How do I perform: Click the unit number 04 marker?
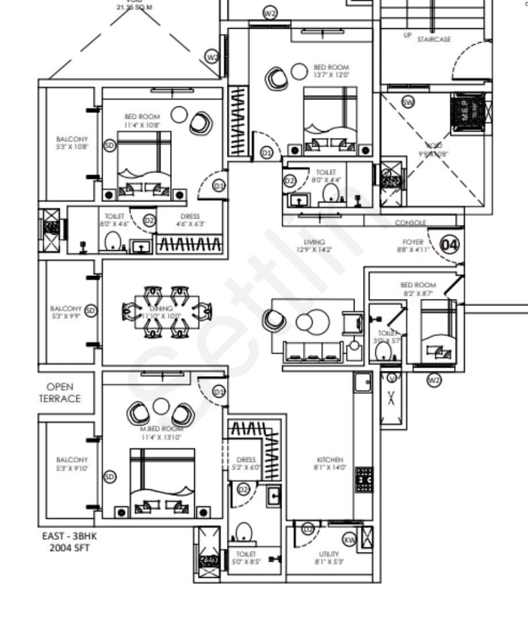tap(450, 245)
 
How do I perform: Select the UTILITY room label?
tap(329, 554)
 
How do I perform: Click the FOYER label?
tap(413, 243)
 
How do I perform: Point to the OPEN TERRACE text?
tap(60, 393)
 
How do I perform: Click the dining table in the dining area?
tap(167, 312)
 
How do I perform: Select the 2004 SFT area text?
tap(65, 547)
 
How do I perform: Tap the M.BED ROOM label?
tap(163, 428)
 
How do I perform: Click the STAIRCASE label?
tap(434, 39)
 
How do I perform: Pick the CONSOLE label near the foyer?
tap(411, 223)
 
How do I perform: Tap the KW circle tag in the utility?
tap(349, 540)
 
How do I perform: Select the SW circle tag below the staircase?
tap(408, 103)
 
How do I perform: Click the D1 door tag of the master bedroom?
tap(218, 392)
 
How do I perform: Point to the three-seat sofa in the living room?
tap(313, 350)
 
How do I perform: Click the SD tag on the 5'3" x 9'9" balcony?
tap(90, 310)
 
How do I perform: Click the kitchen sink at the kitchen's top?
tap(363, 381)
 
